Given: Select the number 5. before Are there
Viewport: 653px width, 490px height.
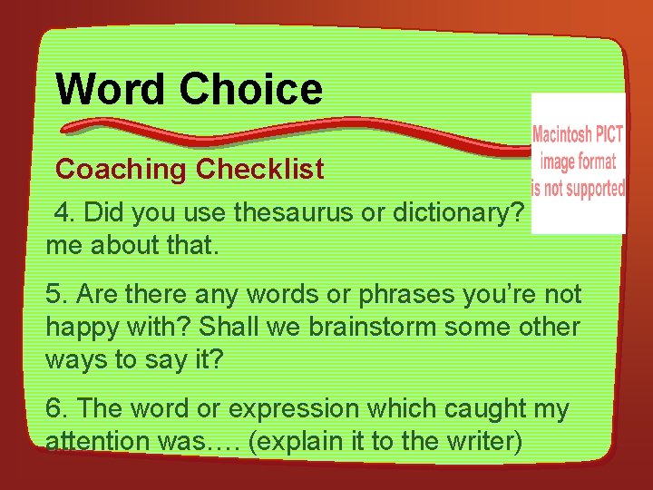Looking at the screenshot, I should [x=57, y=295].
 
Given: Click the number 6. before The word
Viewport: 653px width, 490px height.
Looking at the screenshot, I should [x=57, y=409].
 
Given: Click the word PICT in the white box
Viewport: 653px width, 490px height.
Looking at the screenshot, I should [x=609, y=135].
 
